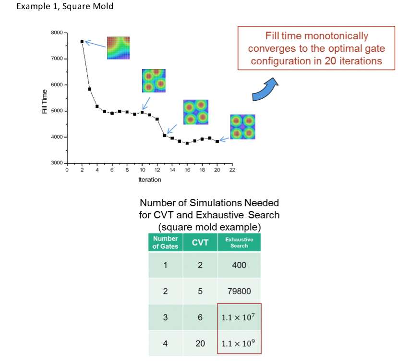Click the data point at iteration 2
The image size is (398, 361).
point(82,42)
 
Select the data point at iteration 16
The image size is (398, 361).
point(187,143)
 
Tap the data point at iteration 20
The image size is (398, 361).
point(217,141)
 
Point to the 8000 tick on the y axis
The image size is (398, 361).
point(66,33)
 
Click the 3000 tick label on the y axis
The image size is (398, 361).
point(57,163)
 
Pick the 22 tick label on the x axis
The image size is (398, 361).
point(232,170)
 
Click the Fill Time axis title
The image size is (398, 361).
point(45,102)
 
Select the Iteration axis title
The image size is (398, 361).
point(150,180)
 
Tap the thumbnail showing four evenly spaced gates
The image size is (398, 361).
point(242,127)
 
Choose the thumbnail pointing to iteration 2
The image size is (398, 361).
point(119,48)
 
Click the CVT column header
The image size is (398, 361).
point(200,243)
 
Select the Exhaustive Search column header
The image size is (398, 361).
point(239,243)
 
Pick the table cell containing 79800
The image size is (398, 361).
point(239,291)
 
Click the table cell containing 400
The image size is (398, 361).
point(239,265)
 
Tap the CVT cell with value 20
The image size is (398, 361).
point(200,344)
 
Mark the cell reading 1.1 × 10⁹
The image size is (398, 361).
point(239,344)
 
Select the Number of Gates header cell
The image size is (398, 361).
point(166,243)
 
